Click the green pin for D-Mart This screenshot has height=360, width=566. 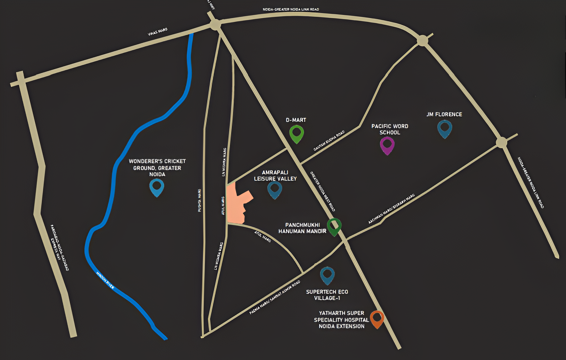(x=296, y=133)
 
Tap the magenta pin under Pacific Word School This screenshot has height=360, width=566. (x=387, y=145)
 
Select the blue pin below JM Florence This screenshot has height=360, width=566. (x=444, y=128)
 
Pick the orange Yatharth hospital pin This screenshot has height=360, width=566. (x=377, y=318)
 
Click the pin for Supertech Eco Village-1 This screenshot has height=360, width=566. (x=327, y=275)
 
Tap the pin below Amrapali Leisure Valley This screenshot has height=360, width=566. (x=275, y=189)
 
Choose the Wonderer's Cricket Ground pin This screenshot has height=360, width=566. (x=157, y=187)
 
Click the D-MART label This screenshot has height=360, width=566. (x=296, y=120)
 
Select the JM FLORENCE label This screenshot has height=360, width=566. (x=444, y=114)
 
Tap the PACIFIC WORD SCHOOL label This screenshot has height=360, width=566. (x=390, y=129)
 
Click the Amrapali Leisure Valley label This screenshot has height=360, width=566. (x=275, y=175)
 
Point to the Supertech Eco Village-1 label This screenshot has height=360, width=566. (x=327, y=295)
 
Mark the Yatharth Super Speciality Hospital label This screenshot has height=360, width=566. (x=341, y=319)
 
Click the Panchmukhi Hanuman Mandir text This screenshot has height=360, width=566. (x=302, y=228)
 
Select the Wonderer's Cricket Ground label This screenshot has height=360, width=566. (x=157, y=167)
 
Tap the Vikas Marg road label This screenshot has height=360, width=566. (x=157, y=32)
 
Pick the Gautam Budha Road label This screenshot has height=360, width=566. (x=329, y=141)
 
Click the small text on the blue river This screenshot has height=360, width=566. (x=105, y=280)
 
